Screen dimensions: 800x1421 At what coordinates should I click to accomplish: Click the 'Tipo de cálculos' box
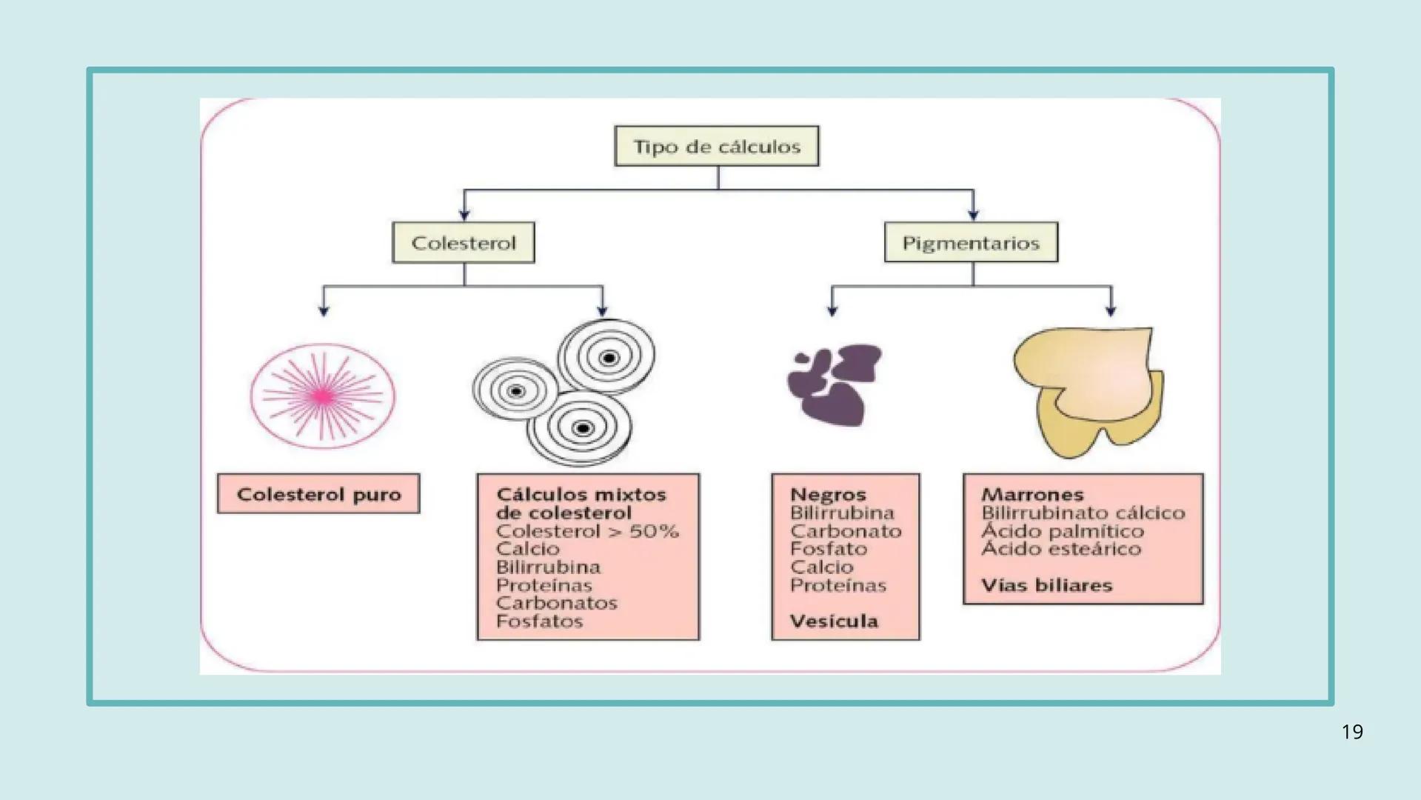click(717, 146)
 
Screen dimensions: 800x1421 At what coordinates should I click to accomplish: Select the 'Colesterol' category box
click(464, 243)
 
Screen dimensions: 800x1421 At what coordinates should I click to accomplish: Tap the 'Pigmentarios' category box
click(971, 243)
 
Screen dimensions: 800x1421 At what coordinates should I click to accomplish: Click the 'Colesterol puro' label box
click(318, 494)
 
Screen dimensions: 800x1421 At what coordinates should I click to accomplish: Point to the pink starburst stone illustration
click(323, 396)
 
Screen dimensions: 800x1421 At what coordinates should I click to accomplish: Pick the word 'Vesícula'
click(834, 621)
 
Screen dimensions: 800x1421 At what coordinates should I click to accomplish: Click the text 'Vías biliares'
click(1046, 585)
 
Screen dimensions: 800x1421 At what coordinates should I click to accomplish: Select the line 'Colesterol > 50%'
click(587, 531)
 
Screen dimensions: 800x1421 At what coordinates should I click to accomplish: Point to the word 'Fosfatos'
click(539, 621)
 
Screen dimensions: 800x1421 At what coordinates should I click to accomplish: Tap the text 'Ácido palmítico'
click(1063, 531)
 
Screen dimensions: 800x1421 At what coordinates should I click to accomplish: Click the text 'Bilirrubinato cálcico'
click(1083, 513)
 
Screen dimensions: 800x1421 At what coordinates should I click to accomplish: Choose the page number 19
click(1352, 732)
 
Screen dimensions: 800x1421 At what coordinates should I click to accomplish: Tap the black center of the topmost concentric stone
click(609, 359)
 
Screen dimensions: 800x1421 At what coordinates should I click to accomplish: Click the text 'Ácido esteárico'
click(1061, 549)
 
